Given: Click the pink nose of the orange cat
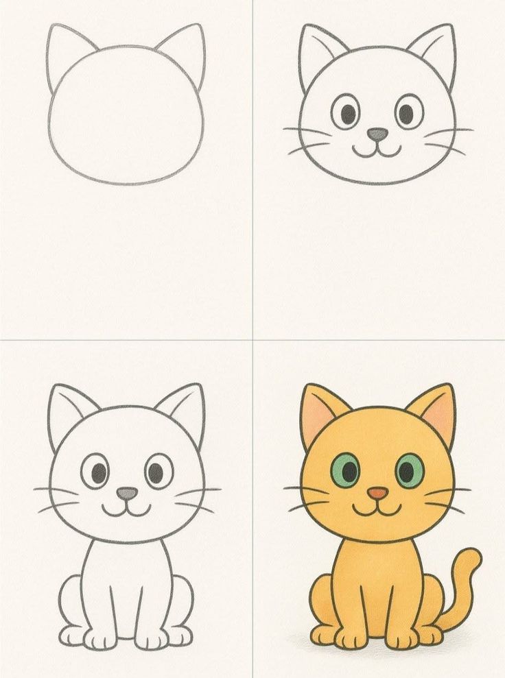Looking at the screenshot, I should click(377, 492).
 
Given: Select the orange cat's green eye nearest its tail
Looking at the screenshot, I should click(409, 470).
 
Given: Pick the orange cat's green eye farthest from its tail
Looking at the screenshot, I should click(346, 470).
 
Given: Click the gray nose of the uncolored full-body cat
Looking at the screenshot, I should click(126, 492).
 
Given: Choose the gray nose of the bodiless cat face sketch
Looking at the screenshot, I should click(377, 133).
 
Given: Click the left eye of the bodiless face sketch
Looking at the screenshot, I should click(346, 112).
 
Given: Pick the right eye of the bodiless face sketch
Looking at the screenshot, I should click(409, 112).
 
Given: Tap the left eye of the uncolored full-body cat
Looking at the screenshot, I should click(95, 471).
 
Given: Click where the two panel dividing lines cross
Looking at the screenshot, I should click(252, 339).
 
